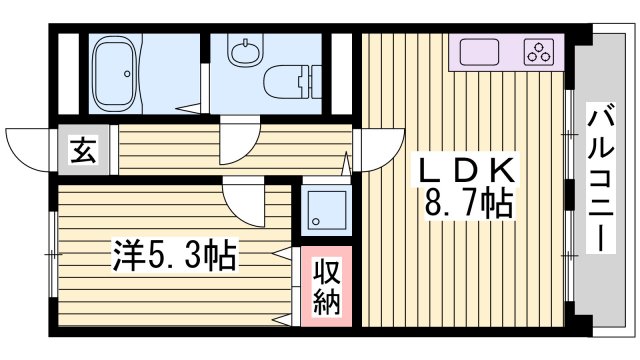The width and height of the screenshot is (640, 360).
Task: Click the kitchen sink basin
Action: [481, 51]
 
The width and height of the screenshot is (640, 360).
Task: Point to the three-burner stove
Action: [540, 51]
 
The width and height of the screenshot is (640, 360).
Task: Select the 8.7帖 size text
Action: [470, 205]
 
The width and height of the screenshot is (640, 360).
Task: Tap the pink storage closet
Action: [327, 287]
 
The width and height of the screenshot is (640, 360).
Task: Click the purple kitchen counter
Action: [506, 52]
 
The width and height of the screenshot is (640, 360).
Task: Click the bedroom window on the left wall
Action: [49, 255]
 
